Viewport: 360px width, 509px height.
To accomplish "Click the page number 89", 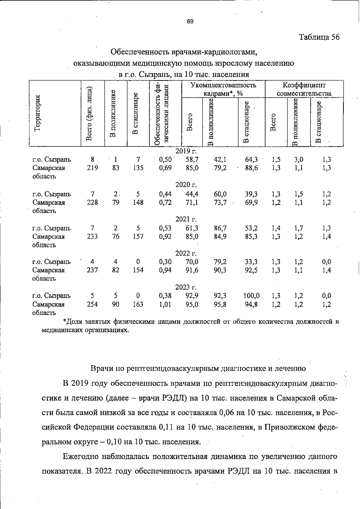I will click(x=190, y=21).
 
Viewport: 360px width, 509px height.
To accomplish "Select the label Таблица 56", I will click(x=319, y=37).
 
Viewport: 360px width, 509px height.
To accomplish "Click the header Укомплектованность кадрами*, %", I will click(x=223, y=89).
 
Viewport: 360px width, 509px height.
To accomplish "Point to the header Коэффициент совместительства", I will click(x=304, y=89).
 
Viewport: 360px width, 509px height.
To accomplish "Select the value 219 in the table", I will click(x=92, y=168).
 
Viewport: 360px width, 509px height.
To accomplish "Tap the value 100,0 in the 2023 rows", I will click(x=251, y=296).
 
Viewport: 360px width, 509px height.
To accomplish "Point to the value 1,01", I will click(x=165, y=304).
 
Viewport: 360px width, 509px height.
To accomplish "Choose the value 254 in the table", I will click(x=92, y=304).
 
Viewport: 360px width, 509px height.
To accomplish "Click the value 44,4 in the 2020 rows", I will click(x=192, y=194).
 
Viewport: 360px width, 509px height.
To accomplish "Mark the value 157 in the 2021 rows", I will click(x=138, y=237).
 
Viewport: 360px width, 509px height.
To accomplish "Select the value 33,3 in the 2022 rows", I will click(x=251, y=262).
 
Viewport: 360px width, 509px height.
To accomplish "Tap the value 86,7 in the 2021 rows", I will click(x=220, y=228).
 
